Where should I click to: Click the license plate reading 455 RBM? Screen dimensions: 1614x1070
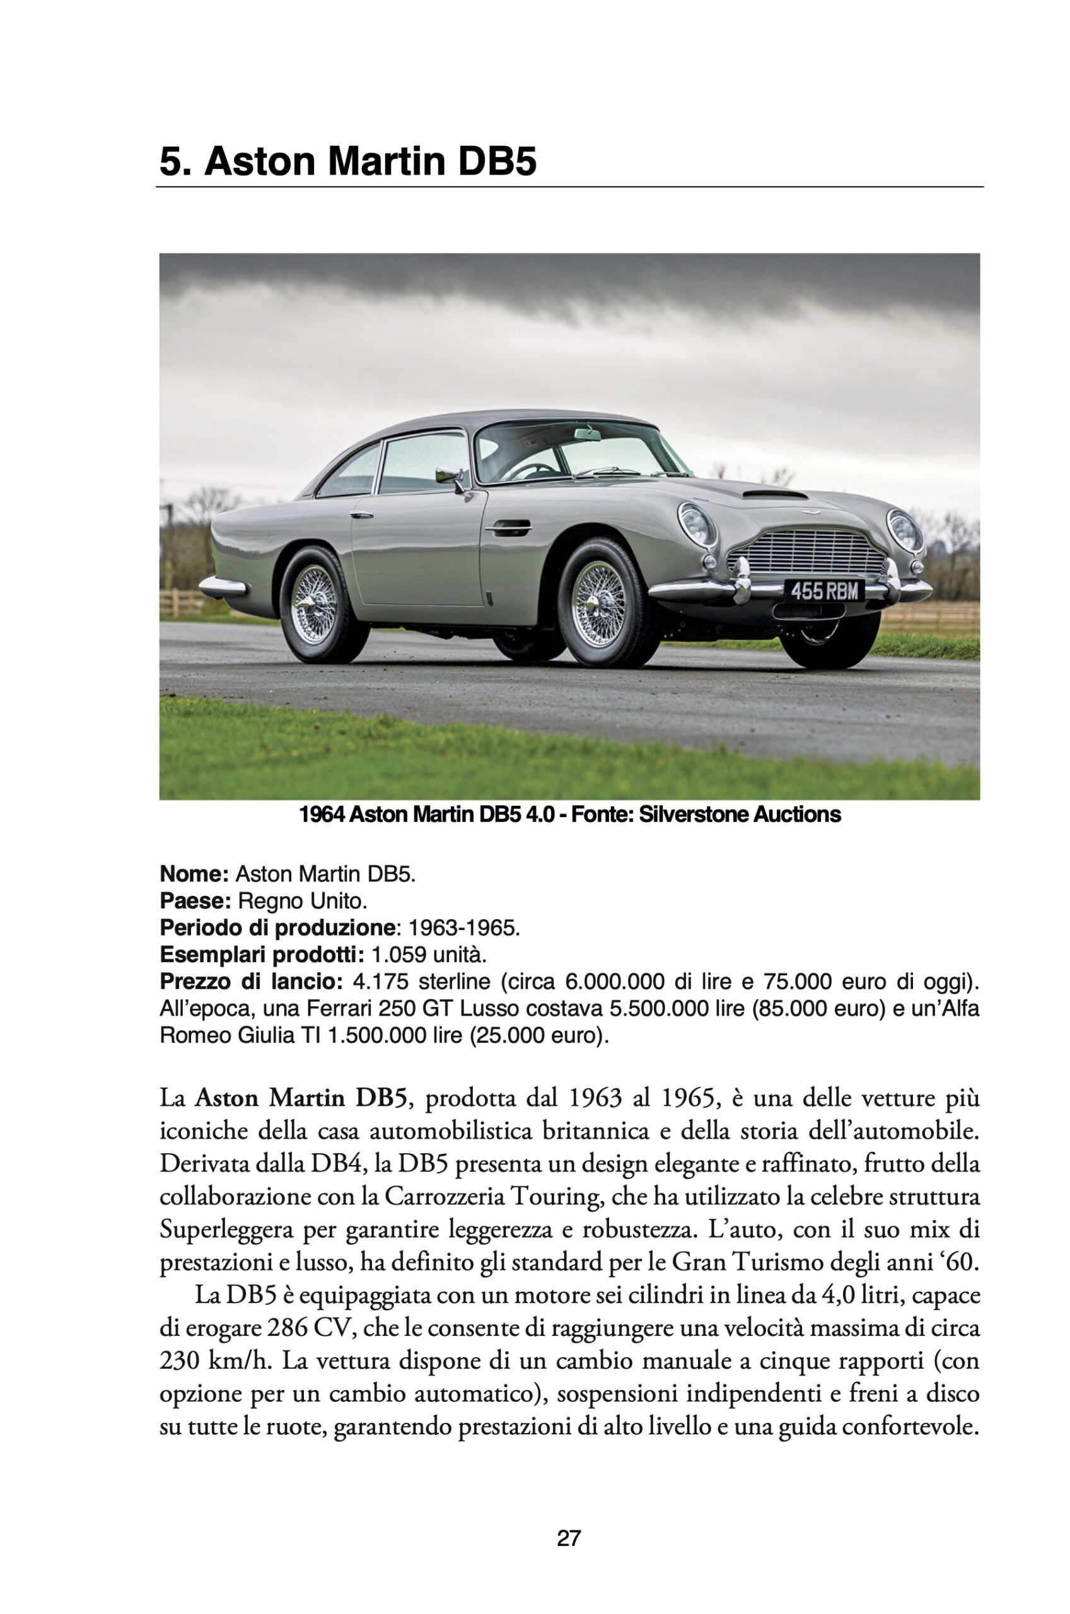tap(824, 591)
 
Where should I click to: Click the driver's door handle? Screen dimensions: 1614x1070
tap(506, 526)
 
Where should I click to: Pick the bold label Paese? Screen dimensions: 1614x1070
tap(195, 901)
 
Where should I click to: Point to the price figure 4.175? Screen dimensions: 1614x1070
tap(380, 982)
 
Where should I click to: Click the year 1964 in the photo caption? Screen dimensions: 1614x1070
tap(322, 815)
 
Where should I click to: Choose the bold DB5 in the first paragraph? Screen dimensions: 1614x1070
tap(381, 1099)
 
